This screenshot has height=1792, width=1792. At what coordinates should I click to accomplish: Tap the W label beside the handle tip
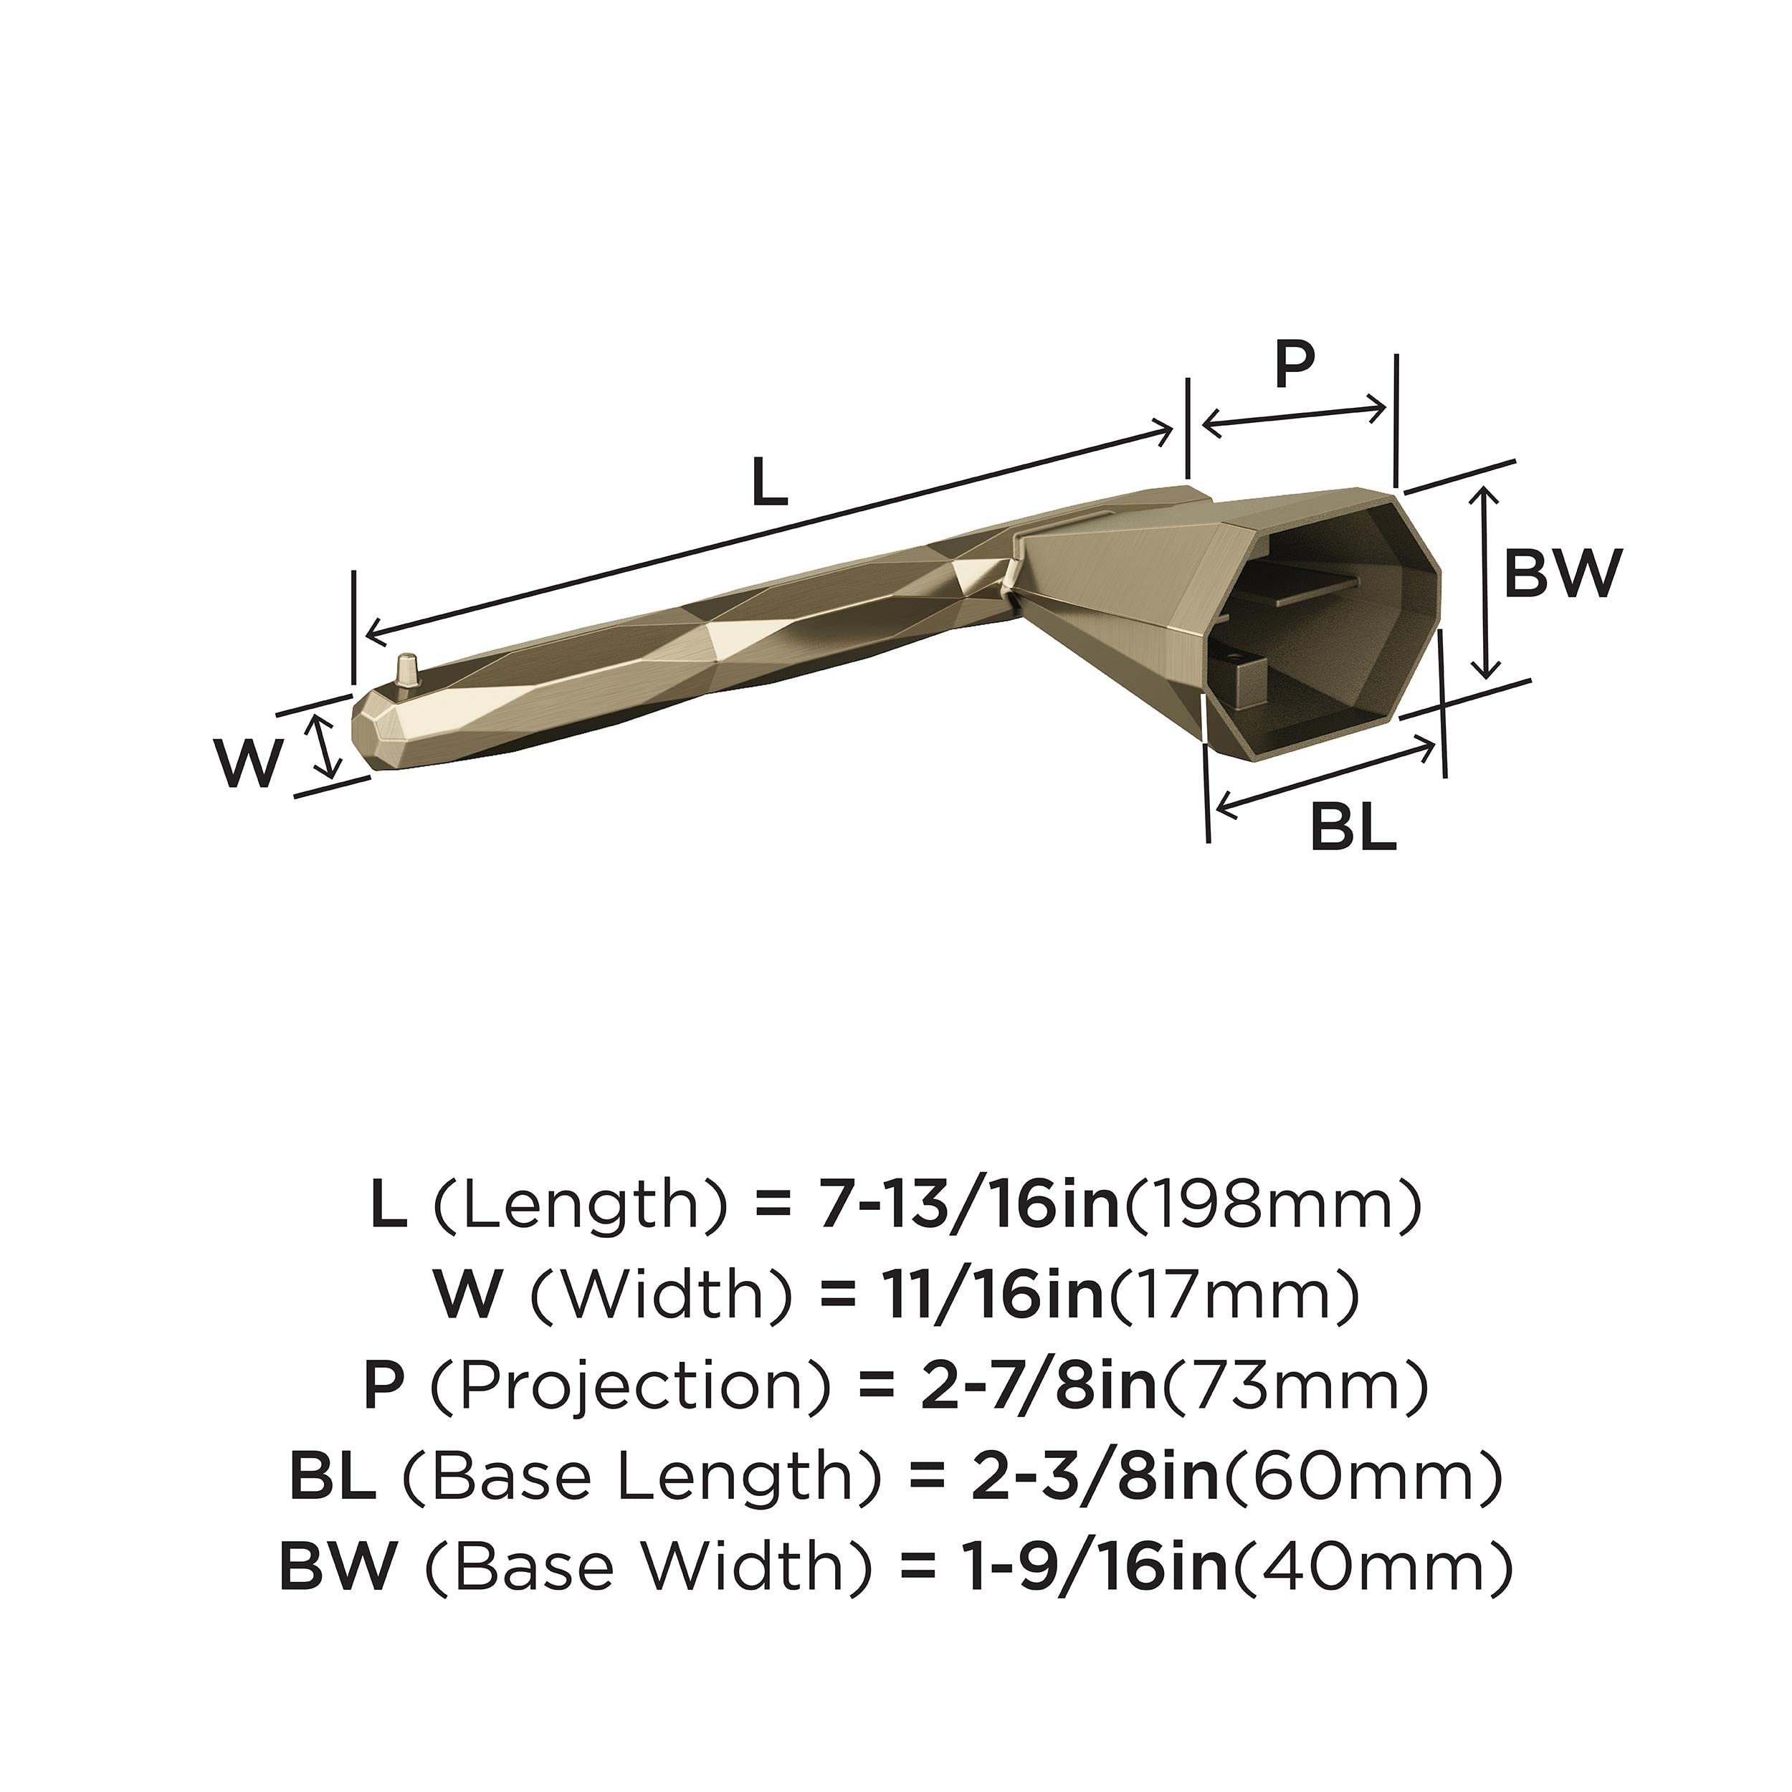click(x=249, y=764)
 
